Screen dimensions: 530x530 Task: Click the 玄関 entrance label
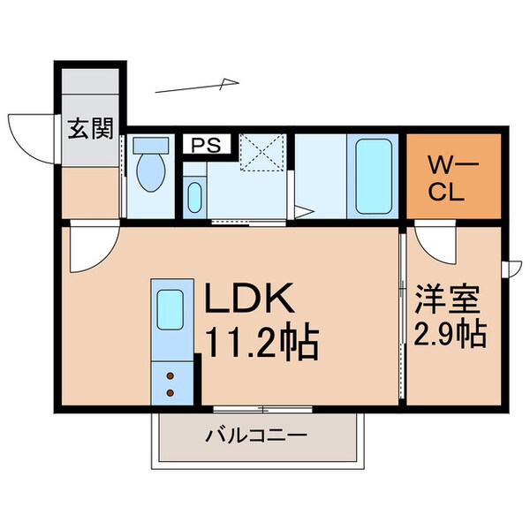click(91, 130)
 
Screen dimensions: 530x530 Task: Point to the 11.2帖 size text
click(261, 343)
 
